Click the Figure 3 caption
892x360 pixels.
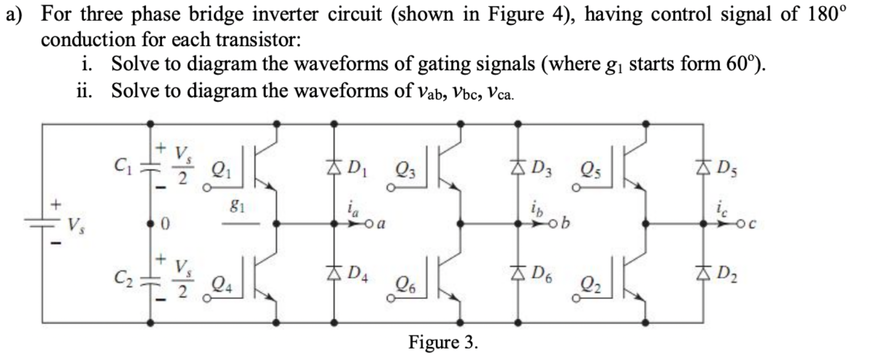443,342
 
